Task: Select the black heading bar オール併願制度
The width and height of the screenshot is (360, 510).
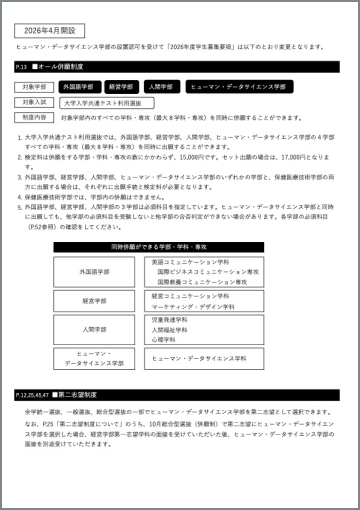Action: point(180,67)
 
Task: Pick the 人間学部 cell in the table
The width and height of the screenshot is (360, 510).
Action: point(95,328)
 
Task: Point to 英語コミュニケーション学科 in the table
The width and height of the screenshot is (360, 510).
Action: point(191,262)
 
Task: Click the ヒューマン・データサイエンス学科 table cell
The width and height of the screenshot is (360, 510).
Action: point(199,358)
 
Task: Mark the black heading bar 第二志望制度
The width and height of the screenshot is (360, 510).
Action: point(180,396)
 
